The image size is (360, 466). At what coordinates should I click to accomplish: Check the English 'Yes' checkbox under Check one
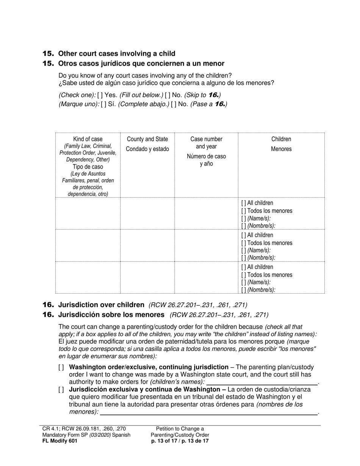[100, 95]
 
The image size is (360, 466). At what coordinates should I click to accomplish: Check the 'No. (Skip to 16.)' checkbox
[167, 95]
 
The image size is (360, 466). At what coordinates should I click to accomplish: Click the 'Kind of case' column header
[88, 139]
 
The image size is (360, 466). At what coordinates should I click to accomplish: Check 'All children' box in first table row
[243, 203]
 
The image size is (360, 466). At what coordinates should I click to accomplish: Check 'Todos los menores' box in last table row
[243, 275]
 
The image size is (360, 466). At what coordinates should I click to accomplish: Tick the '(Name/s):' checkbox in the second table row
[243, 250]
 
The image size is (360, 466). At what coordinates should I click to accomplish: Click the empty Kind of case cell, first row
[88, 213]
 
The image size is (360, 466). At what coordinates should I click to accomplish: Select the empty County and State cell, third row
[147, 277]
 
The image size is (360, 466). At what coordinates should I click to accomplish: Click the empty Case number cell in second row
[206, 245]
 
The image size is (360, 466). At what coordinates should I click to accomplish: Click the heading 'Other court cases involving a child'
[116, 54]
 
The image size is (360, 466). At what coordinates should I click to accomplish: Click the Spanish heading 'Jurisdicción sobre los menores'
[111, 314]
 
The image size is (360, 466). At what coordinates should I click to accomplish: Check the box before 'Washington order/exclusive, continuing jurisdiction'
[61, 367]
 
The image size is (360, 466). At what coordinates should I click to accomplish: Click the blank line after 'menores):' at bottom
[208, 412]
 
